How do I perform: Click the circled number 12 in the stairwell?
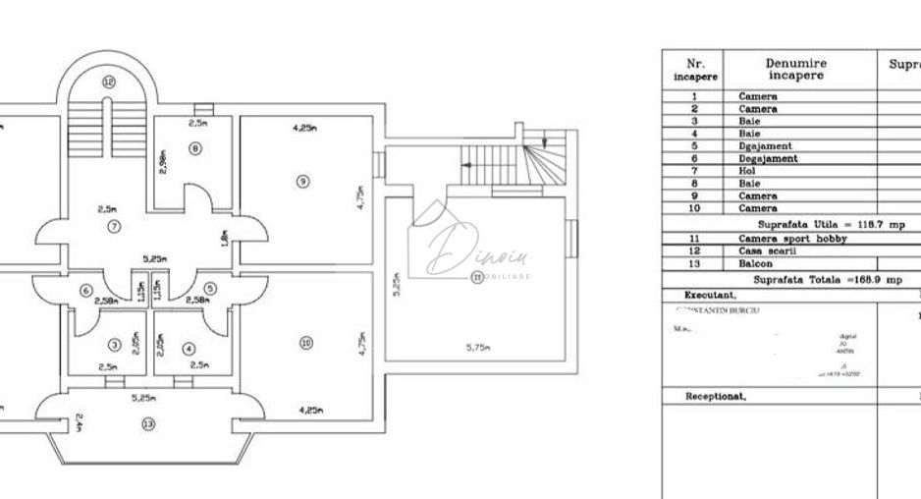tap(109, 82)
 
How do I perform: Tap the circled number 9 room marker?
tap(303, 180)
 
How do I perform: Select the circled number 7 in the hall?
tap(115, 227)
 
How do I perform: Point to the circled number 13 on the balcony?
tap(148, 423)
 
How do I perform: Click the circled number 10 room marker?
tap(306, 343)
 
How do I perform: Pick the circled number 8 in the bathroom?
tap(195, 148)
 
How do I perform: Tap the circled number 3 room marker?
tap(115, 345)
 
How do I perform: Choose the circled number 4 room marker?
tap(190, 346)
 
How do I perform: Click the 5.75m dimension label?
tap(481, 347)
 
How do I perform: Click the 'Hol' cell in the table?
tap(747, 170)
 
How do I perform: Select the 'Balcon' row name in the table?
tap(755, 263)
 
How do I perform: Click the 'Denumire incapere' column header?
tap(795, 68)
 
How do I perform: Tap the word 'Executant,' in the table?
tap(710, 295)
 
